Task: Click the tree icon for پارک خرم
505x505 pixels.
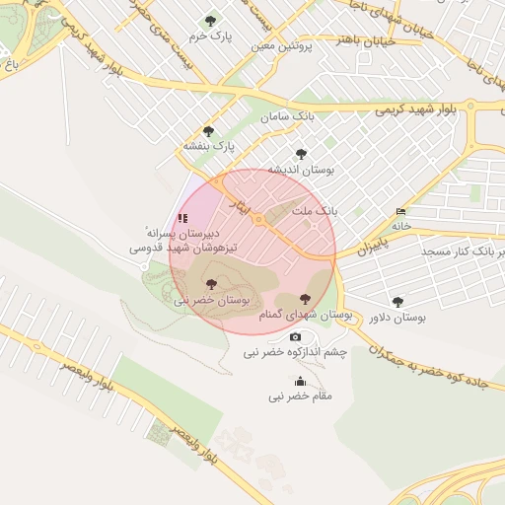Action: (x=210, y=21)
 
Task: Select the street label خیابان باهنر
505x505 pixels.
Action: (x=366, y=39)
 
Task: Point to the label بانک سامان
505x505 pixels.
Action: (x=288, y=116)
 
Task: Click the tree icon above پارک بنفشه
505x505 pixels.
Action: (x=207, y=131)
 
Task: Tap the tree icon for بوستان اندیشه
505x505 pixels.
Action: (x=301, y=154)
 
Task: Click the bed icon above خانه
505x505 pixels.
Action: (x=400, y=212)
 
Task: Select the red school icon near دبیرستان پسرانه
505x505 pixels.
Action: (x=181, y=218)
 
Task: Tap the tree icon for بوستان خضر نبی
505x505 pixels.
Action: (x=211, y=284)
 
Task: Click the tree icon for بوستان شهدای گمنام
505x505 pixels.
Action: (x=303, y=299)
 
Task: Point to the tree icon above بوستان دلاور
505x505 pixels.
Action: (x=397, y=303)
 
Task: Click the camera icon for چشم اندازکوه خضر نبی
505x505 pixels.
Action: (x=294, y=337)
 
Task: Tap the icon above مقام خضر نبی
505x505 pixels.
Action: (x=300, y=382)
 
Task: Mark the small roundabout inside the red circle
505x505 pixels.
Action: (x=258, y=220)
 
